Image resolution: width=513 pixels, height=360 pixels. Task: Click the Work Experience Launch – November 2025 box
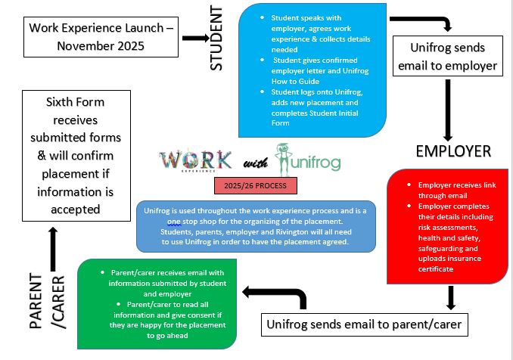[x=101, y=36]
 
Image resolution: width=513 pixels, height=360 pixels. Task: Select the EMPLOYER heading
[x=453, y=151]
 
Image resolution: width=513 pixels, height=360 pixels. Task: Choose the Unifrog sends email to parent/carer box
[x=362, y=325]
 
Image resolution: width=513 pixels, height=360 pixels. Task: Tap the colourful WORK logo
[x=196, y=160]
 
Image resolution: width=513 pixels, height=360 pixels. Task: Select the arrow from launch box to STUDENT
[x=195, y=37]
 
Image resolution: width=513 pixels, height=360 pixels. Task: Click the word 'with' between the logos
[x=252, y=163]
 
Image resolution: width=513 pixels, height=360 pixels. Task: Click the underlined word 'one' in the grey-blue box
[x=174, y=222]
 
